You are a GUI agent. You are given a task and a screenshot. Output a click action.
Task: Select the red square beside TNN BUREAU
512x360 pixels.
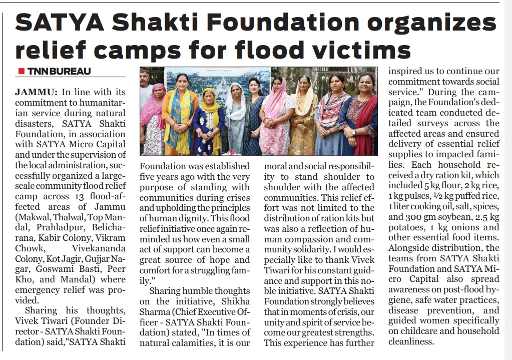tap(21, 71)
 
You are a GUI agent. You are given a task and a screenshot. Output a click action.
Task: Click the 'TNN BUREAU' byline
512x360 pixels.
tap(59, 71)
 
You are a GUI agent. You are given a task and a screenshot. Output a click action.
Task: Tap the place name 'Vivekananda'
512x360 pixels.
tap(100, 247)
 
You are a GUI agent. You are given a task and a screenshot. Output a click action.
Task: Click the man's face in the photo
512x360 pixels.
tap(145, 77)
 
